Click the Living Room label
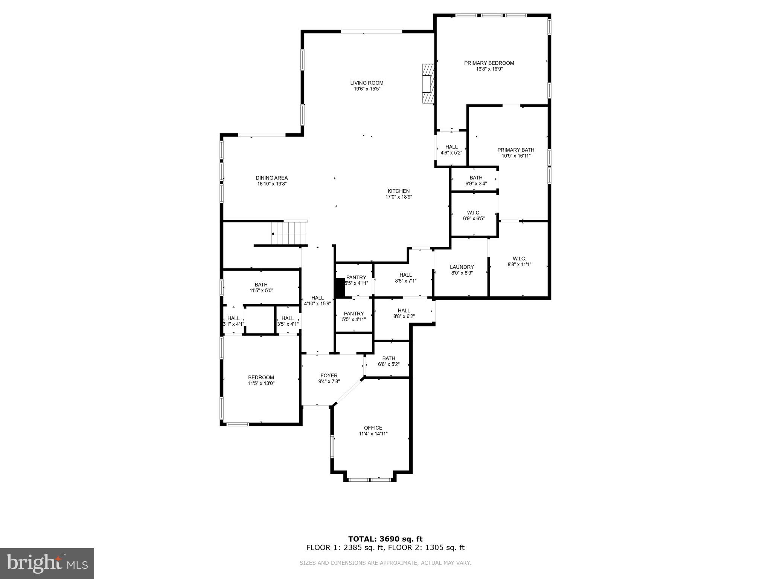point(367,83)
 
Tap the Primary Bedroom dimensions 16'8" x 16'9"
point(489,69)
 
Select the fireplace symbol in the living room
point(428,83)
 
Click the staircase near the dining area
point(289,233)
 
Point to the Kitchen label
point(399,191)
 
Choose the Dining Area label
point(271,178)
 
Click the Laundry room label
point(462,267)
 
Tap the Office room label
point(373,427)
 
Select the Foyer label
point(329,375)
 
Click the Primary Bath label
point(516,150)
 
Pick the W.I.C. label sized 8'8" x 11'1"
point(519,259)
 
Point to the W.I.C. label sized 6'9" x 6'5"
point(474,213)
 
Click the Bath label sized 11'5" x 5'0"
point(261,285)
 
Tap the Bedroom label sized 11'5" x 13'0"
point(261,377)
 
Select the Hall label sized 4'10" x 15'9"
point(317,298)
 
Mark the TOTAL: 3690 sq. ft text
point(385,539)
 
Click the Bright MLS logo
point(47,563)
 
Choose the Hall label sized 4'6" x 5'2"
point(451,147)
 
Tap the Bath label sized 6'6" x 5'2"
point(389,358)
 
